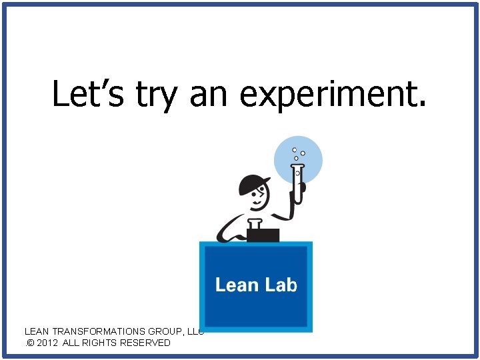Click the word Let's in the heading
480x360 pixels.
87,93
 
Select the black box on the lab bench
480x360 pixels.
263,235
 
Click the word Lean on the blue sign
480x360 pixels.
236,285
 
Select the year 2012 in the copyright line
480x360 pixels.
49,343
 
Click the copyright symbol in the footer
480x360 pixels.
29,343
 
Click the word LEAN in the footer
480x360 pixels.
37,331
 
